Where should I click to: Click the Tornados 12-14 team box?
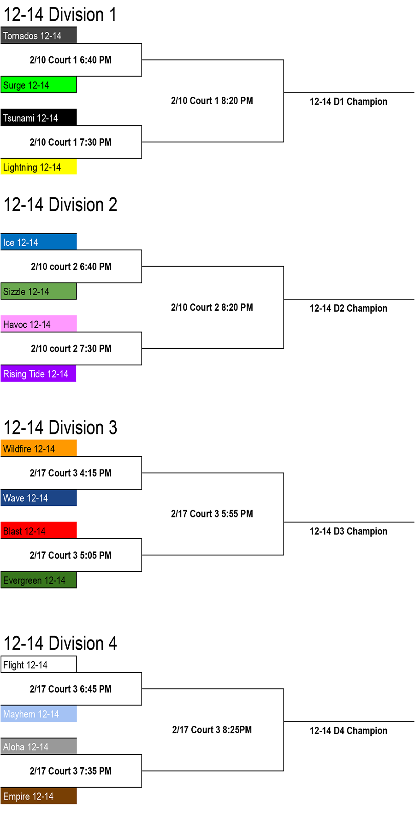pos(39,36)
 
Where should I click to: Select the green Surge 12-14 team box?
pos(39,85)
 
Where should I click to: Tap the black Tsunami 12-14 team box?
pos(39,118)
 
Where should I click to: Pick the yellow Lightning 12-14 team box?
pos(39,167)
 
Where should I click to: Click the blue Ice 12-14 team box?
pos(39,242)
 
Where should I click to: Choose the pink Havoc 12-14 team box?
pos(39,324)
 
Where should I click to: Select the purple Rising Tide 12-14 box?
pos(39,373)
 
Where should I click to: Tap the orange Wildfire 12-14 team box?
pos(39,449)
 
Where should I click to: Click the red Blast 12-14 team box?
pos(39,531)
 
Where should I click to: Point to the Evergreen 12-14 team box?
pos(39,580)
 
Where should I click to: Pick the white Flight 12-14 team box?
pos(39,664)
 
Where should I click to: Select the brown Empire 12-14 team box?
pos(39,796)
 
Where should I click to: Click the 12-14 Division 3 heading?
pos(60,428)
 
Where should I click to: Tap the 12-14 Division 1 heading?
pos(60,15)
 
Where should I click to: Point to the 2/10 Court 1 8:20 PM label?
pos(212,101)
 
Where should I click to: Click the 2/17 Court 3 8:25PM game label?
pos(212,729)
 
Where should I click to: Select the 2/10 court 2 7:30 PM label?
pos(71,349)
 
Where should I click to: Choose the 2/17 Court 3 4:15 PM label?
pos(71,473)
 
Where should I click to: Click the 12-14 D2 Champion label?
pos(349,308)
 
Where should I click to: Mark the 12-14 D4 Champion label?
pos(349,731)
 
